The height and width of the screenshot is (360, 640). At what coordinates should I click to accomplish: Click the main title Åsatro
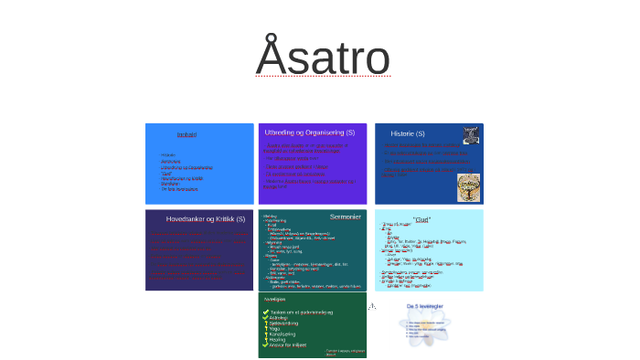pyautogui.click(x=323, y=57)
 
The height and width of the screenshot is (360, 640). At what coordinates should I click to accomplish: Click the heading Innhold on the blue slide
pyautogui.click(x=187, y=135)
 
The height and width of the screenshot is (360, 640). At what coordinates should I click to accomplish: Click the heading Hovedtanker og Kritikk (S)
pyautogui.click(x=205, y=219)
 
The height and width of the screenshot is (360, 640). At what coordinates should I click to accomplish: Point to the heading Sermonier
pyautogui.click(x=346, y=217)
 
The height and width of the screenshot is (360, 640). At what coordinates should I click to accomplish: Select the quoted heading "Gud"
pyautogui.click(x=421, y=219)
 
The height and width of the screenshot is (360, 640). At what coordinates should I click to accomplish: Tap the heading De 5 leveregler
pyautogui.click(x=425, y=306)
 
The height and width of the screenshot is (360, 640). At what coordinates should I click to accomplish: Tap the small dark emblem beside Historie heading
pyautogui.click(x=470, y=134)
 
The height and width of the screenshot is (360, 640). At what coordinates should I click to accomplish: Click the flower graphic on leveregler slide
pyautogui.click(x=426, y=328)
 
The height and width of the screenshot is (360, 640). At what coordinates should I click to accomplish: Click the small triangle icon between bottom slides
pyautogui.click(x=372, y=306)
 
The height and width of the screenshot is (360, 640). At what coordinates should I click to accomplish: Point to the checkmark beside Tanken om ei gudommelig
pyautogui.click(x=265, y=312)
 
